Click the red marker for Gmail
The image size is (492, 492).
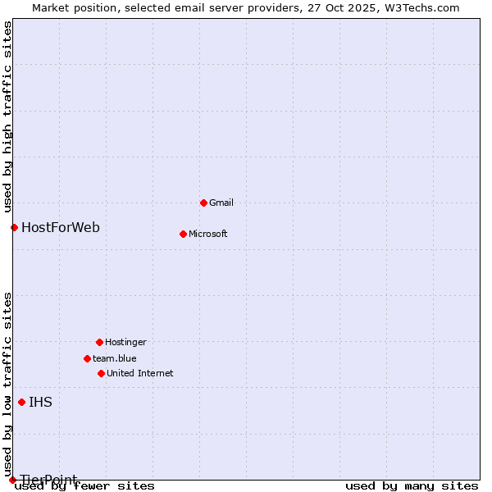(x=203, y=203)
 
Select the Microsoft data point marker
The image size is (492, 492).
(x=183, y=234)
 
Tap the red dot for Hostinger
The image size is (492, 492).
(x=99, y=342)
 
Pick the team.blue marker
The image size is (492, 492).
(x=87, y=358)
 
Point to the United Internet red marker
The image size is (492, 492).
(x=101, y=373)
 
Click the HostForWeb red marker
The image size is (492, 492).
(x=14, y=227)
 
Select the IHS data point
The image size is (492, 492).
(x=21, y=402)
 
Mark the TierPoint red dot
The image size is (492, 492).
(x=12, y=480)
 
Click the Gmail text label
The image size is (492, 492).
(x=221, y=203)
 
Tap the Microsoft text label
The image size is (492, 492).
(x=208, y=234)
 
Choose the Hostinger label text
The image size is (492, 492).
(x=125, y=342)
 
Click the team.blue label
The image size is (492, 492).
(x=115, y=358)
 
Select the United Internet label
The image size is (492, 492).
(x=139, y=373)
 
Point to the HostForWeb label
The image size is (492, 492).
(x=61, y=227)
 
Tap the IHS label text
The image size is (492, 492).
(x=40, y=402)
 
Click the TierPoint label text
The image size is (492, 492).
(x=49, y=480)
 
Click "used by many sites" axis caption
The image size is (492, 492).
(x=412, y=486)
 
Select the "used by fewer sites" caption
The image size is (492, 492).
(x=85, y=486)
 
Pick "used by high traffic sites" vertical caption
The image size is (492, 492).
(x=7, y=115)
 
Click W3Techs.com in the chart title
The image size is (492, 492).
(x=421, y=7)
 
